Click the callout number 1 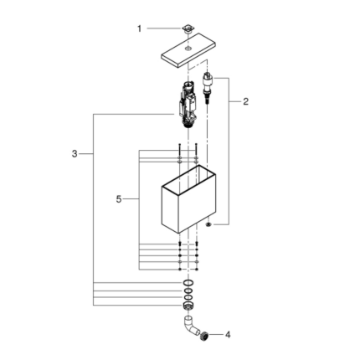[140, 28]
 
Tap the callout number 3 [75, 154]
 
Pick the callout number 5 [118, 199]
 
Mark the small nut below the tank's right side [208, 225]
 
